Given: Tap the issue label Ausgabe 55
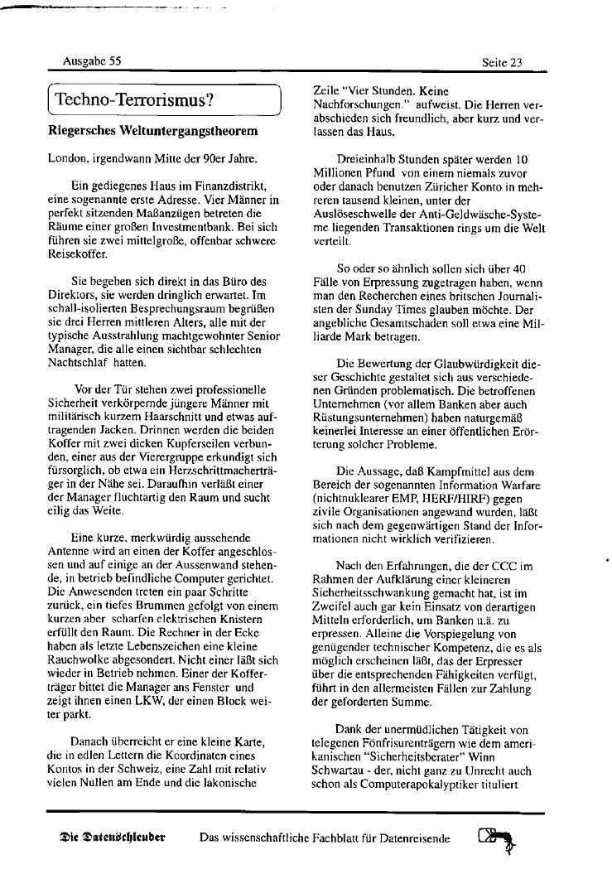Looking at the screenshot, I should click(x=92, y=61).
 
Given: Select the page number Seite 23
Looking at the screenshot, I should click(x=502, y=62).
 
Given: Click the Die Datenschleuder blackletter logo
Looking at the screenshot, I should click(x=113, y=838).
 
